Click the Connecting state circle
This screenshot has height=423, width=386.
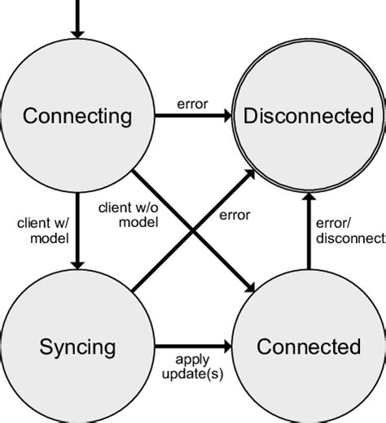click(x=77, y=116)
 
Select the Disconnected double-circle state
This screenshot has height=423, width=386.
click(x=309, y=116)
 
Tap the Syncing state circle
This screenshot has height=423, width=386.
click(x=77, y=347)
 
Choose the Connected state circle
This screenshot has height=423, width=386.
click(x=309, y=347)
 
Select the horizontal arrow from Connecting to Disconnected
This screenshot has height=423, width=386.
click(x=192, y=116)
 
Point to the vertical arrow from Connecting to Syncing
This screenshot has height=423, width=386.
click(x=77, y=231)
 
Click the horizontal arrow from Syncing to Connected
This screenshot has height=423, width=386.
click(x=192, y=347)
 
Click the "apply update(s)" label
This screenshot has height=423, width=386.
click(x=193, y=368)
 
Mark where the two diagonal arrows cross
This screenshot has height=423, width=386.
click(x=193, y=232)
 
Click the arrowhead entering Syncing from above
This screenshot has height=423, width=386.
click(x=77, y=263)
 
